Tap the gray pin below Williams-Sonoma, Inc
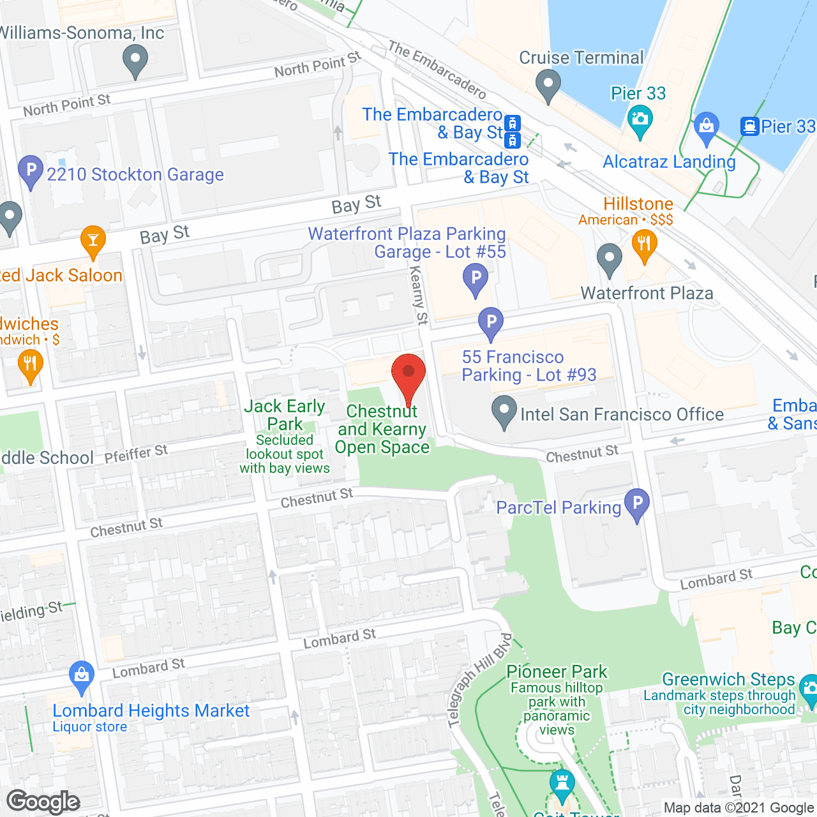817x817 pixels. [135, 63]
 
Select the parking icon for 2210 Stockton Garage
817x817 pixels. [31, 172]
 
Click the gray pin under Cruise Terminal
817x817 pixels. [548, 86]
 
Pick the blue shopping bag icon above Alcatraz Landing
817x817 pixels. [706, 127]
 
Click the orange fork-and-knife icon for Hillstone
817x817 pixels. [644, 246]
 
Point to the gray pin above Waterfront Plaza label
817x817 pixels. [610, 260]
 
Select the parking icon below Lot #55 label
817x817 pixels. [476, 280]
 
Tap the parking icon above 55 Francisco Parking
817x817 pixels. [491, 324]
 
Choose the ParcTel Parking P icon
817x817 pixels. [636, 505]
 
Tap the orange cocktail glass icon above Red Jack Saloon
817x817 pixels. [93, 242]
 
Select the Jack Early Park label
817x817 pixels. [285, 415]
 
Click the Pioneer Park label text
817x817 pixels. [557, 671]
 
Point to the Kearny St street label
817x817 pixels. [418, 295]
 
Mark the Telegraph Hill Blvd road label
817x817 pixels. [481, 680]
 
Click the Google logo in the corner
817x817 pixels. [43, 802]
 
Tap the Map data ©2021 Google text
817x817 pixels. [739, 808]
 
